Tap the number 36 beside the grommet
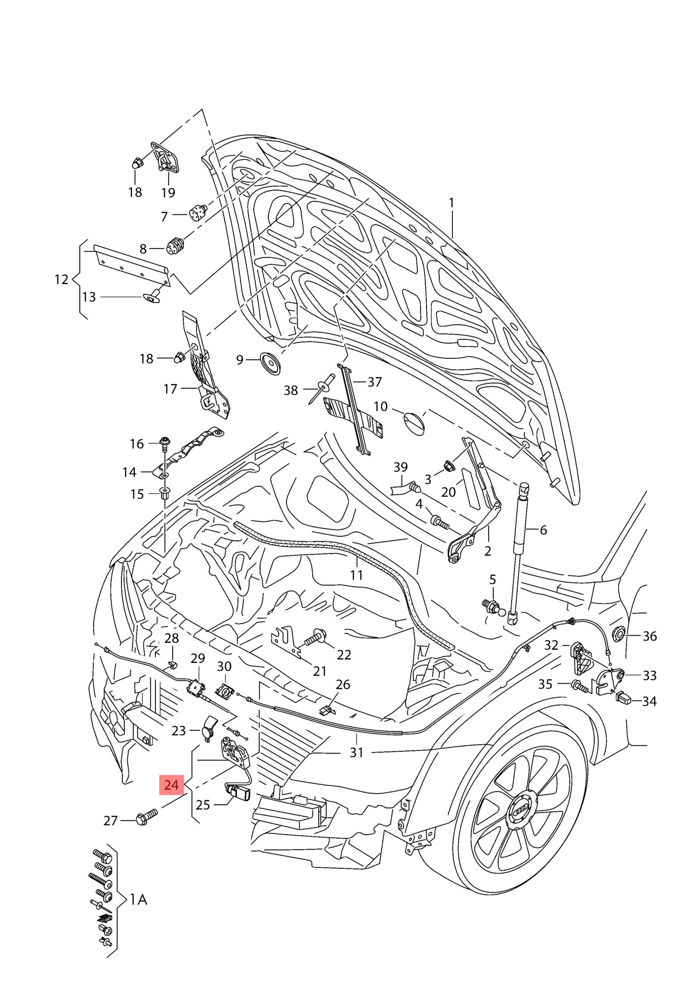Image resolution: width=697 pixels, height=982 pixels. click(x=649, y=636)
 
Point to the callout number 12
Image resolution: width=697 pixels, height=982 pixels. click(x=62, y=279)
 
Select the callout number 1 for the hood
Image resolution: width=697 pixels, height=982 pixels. click(x=451, y=202)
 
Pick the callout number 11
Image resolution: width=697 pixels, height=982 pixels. click(x=357, y=574)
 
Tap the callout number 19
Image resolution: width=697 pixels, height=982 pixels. click(x=168, y=192)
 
